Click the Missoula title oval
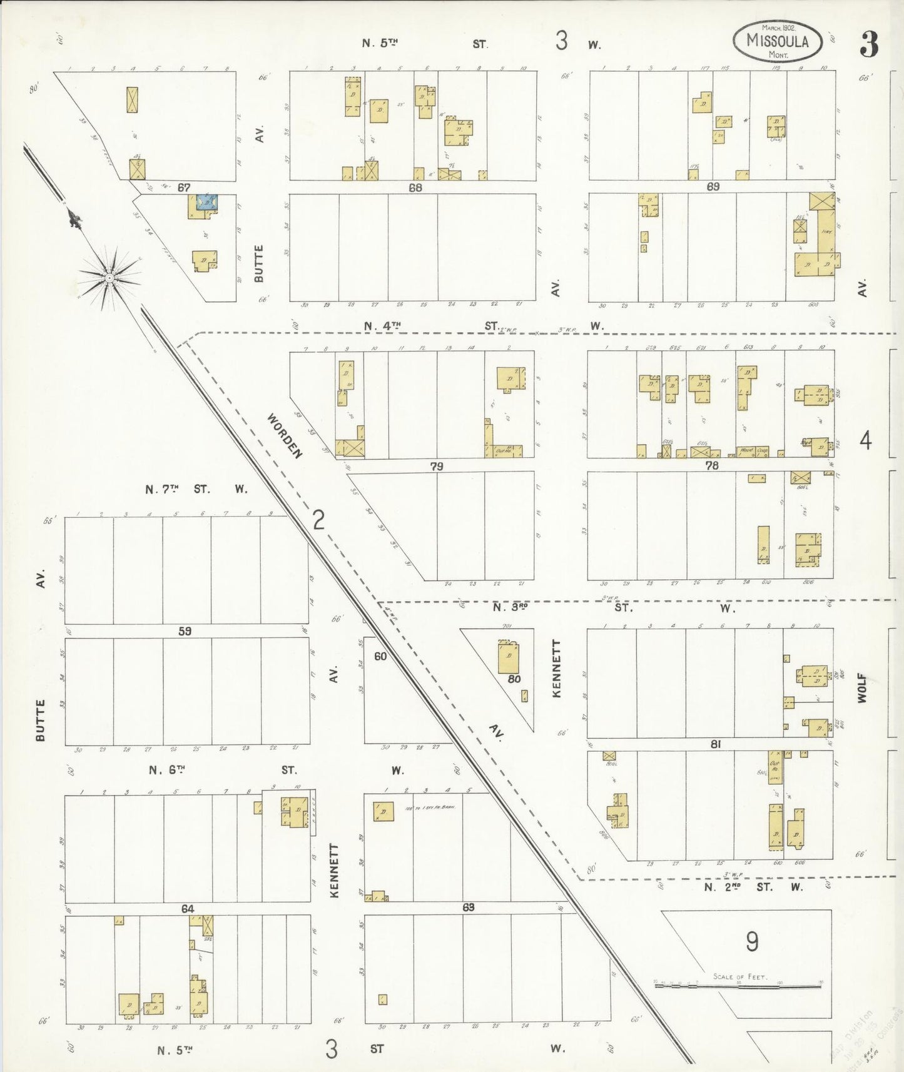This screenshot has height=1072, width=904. click(x=777, y=41)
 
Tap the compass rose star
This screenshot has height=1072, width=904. click(x=109, y=278)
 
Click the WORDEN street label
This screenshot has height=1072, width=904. click(x=285, y=435)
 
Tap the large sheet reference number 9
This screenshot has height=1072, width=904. click(x=752, y=941)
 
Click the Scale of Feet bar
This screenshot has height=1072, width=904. click(x=738, y=987)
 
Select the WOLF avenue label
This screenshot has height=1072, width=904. click(x=863, y=688)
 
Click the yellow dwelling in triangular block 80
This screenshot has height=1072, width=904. click(x=509, y=657)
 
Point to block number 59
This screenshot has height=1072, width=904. click(x=185, y=632)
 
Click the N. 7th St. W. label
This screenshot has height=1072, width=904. click(x=196, y=490)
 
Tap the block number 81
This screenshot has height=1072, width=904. click(x=716, y=744)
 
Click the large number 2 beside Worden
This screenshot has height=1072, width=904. click(x=318, y=519)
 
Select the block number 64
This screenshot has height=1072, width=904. click(x=188, y=909)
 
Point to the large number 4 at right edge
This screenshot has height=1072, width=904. click(x=865, y=442)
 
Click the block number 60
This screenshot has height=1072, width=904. click(x=380, y=656)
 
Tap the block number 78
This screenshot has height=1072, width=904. click(x=711, y=465)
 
